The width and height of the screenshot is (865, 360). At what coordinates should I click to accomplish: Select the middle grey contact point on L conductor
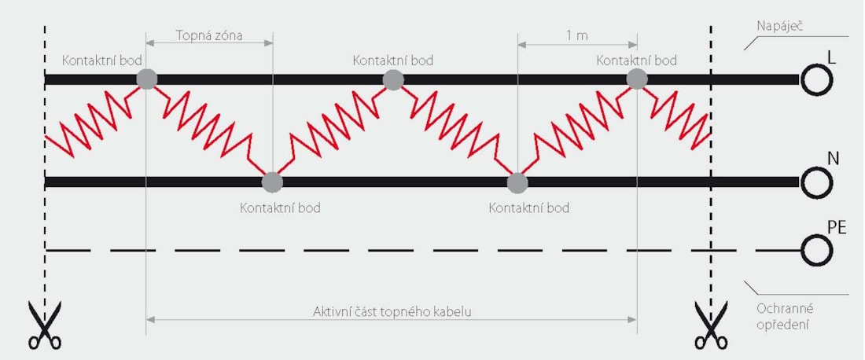click(393, 79)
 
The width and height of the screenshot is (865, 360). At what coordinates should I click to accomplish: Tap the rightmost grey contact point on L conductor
click(637, 79)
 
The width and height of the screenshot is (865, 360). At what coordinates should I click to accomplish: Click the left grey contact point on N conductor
click(272, 182)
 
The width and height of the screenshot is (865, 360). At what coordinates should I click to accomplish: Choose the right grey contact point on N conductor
click(517, 182)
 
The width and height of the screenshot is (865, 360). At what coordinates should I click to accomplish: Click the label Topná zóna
click(209, 36)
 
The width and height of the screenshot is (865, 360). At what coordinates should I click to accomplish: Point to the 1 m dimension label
click(577, 36)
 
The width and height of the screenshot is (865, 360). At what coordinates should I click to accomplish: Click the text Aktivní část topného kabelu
click(392, 311)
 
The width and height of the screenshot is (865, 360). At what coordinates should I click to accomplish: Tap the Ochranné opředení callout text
click(778, 317)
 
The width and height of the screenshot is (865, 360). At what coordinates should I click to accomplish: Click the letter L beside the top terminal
click(832, 57)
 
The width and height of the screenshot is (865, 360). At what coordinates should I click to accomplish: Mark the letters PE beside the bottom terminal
click(837, 229)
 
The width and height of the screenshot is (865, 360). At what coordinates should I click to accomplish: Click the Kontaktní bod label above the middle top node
click(392, 60)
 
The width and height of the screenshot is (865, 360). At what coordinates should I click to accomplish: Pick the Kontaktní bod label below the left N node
click(280, 208)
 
